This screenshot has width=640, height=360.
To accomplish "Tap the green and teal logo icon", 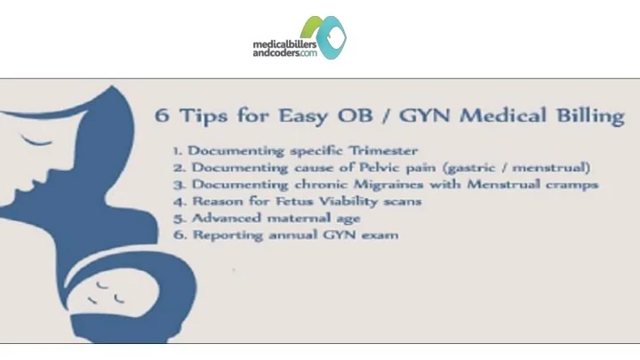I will pyautogui.click(x=324, y=36).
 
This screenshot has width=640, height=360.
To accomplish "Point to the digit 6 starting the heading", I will pyautogui.click(x=162, y=116).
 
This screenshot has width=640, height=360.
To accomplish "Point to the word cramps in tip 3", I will pyautogui.click(x=574, y=185).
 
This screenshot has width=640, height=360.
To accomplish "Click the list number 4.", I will pyautogui.click(x=178, y=202).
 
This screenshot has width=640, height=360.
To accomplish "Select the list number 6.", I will pyautogui.click(x=178, y=236).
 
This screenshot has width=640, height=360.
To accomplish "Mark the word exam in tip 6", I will pyautogui.click(x=380, y=236).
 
